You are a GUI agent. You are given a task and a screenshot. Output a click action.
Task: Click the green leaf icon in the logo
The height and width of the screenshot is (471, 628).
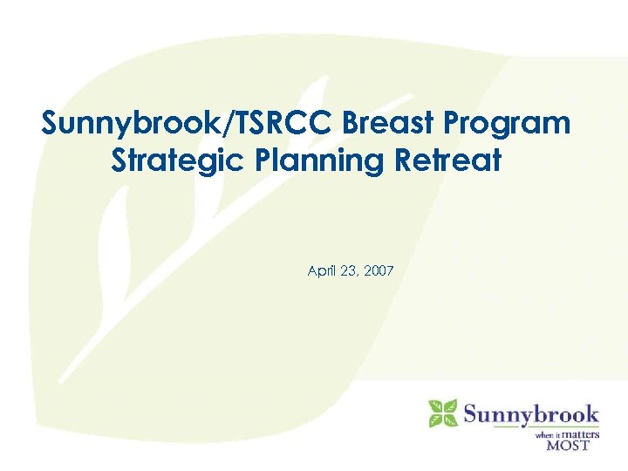[442, 413]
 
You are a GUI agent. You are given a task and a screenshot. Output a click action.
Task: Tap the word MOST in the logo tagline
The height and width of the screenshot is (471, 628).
[568, 444]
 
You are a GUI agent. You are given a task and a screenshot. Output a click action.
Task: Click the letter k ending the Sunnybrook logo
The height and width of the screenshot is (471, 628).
[592, 413]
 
